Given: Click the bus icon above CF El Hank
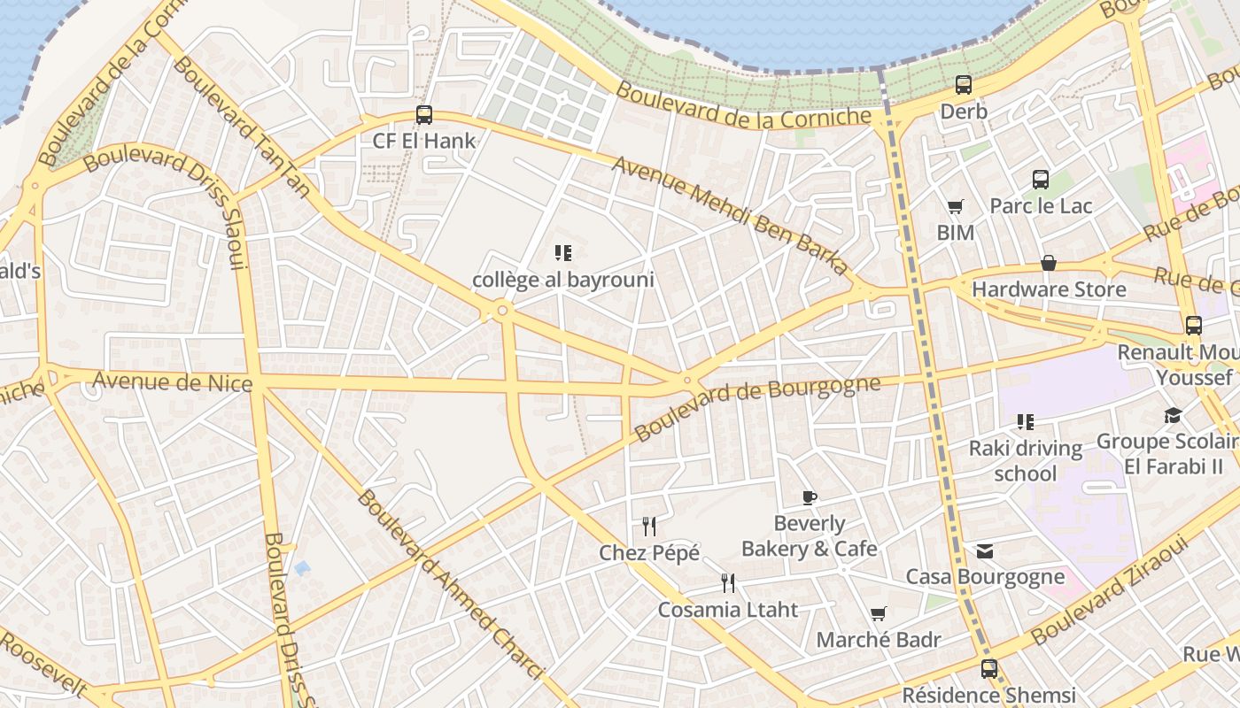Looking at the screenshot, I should coord(424,114).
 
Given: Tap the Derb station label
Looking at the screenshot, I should coord(964,112).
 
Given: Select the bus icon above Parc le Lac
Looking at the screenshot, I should coord(1041,180).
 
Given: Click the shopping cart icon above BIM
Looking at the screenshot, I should coord(955,207).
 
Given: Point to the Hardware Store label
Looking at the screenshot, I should coord(1049,289).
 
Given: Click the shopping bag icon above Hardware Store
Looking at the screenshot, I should coord(1048,263).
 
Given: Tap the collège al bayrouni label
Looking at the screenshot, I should coord(563,280).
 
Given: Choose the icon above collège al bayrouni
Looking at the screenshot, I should coord(563,253).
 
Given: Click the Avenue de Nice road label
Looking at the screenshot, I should coord(173,382).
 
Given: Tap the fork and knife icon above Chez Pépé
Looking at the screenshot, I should coord(649,527).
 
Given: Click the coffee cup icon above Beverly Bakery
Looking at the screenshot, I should coord(809,497).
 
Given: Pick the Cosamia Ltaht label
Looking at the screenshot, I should coord(727,609).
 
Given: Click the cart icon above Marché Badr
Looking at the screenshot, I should coord(878,613).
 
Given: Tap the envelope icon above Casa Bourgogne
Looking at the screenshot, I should coord(985,551).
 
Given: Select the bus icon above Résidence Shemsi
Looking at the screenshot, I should coord(988,669).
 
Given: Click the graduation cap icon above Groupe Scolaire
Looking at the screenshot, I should coord(1173,415).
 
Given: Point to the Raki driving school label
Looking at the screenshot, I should coord(1025,460).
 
